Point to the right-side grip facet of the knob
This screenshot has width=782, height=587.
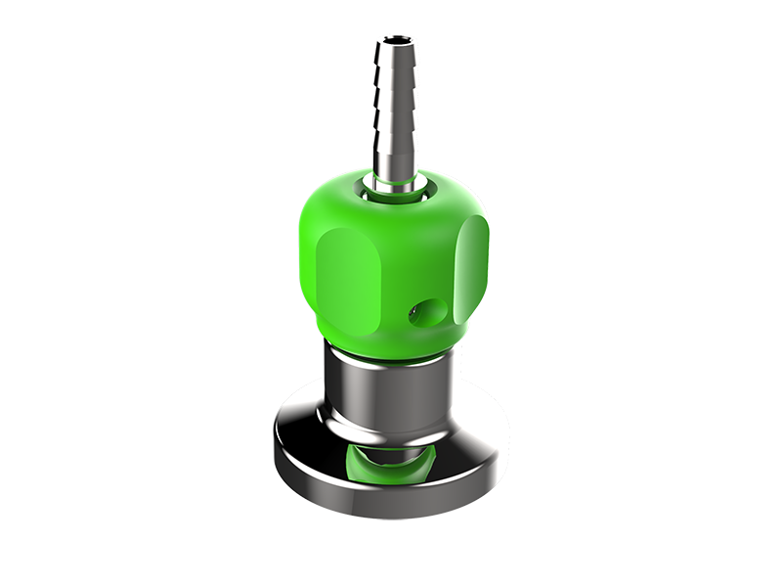point(473,262)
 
